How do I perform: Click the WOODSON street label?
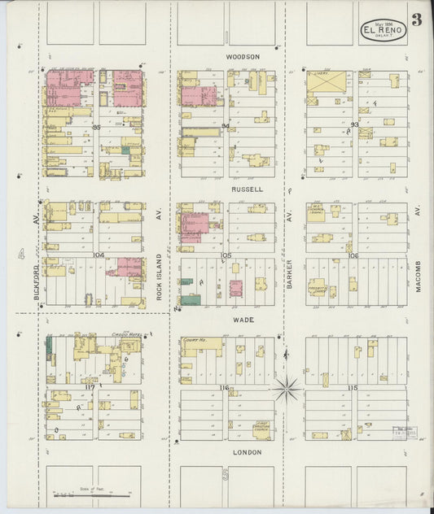(x=243, y=57)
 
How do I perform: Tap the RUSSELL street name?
(x=246, y=189)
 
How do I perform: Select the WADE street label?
(x=243, y=320)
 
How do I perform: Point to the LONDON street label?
(x=246, y=452)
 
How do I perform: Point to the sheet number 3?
(x=416, y=20)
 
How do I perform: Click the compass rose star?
(x=287, y=389)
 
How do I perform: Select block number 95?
(x=96, y=127)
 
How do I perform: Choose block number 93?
(x=354, y=124)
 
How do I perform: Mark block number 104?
(x=99, y=255)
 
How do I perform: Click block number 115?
(x=352, y=388)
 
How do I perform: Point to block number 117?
(x=90, y=387)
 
